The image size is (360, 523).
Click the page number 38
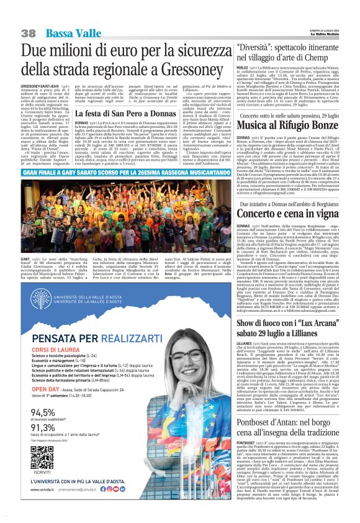point(29,32)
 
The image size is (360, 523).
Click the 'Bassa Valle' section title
point(68,32)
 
